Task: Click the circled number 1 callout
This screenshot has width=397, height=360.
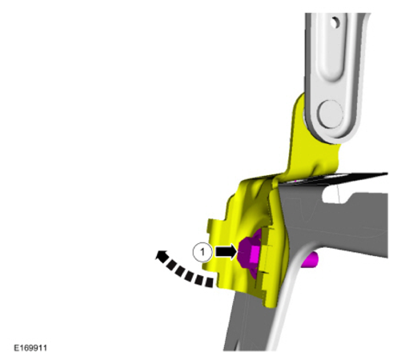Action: (x=203, y=252)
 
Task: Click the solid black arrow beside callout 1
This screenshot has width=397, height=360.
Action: (x=227, y=252)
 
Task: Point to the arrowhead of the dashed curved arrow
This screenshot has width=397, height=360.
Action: (x=161, y=256)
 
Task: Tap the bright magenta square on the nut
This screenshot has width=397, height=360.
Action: (x=255, y=253)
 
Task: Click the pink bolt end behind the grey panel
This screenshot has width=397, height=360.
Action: (x=310, y=260)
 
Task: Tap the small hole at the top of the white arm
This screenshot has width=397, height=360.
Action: (x=335, y=22)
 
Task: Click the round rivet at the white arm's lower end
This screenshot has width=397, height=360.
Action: (x=331, y=114)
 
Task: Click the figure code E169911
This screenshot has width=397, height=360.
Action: (x=30, y=348)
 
